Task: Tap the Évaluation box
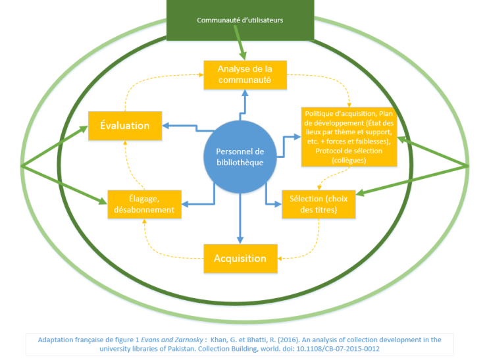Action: tap(125, 125)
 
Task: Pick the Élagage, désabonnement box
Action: tap(142, 204)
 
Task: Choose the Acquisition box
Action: tap(240, 258)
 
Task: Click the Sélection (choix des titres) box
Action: tap(319, 204)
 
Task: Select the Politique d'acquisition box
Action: tap(349, 136)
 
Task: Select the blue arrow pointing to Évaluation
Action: tap(184, 125)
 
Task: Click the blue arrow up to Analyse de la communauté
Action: tap(244, 105)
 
